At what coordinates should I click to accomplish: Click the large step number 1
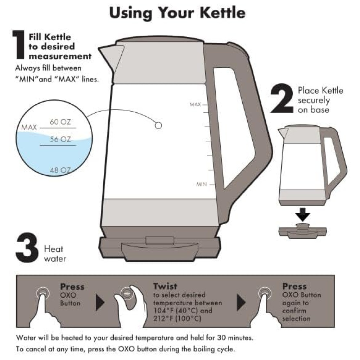(x=18, y=45)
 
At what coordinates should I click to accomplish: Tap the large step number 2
(x=282, y=98)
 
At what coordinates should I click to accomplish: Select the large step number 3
(x=27, y=248)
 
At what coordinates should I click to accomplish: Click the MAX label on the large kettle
(x=195, y=105)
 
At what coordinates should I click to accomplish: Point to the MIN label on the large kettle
(x=201, y=184)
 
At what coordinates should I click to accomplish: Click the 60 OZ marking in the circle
(x=60, y=122)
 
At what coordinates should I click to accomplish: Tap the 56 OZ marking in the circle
(x=60, y=139)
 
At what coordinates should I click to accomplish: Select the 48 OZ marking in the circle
(x=60, y=170)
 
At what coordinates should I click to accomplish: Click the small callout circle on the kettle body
(x=158, y=125)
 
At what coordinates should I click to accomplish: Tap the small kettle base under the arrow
(x=302, y=231)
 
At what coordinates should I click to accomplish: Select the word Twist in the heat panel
(x=165, y=286)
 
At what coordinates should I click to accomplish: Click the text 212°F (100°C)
(x=177, y=319)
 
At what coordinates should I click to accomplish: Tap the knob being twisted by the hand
(x=127, y=293)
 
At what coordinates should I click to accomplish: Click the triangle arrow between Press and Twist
(x=100, y=303)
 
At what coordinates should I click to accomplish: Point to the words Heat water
(x=55, y=254)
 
